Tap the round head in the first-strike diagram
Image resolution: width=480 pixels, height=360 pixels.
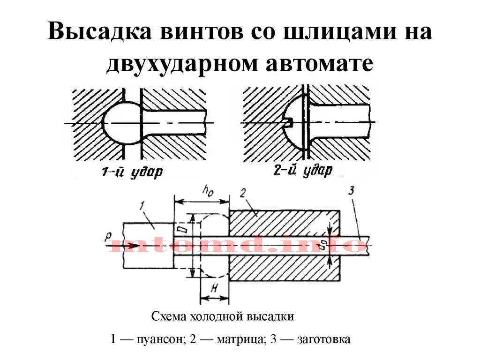tap(121, 123)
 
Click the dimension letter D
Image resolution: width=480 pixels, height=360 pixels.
tap(186, 229)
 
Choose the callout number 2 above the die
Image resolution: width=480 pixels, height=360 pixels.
tap(243, 194)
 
